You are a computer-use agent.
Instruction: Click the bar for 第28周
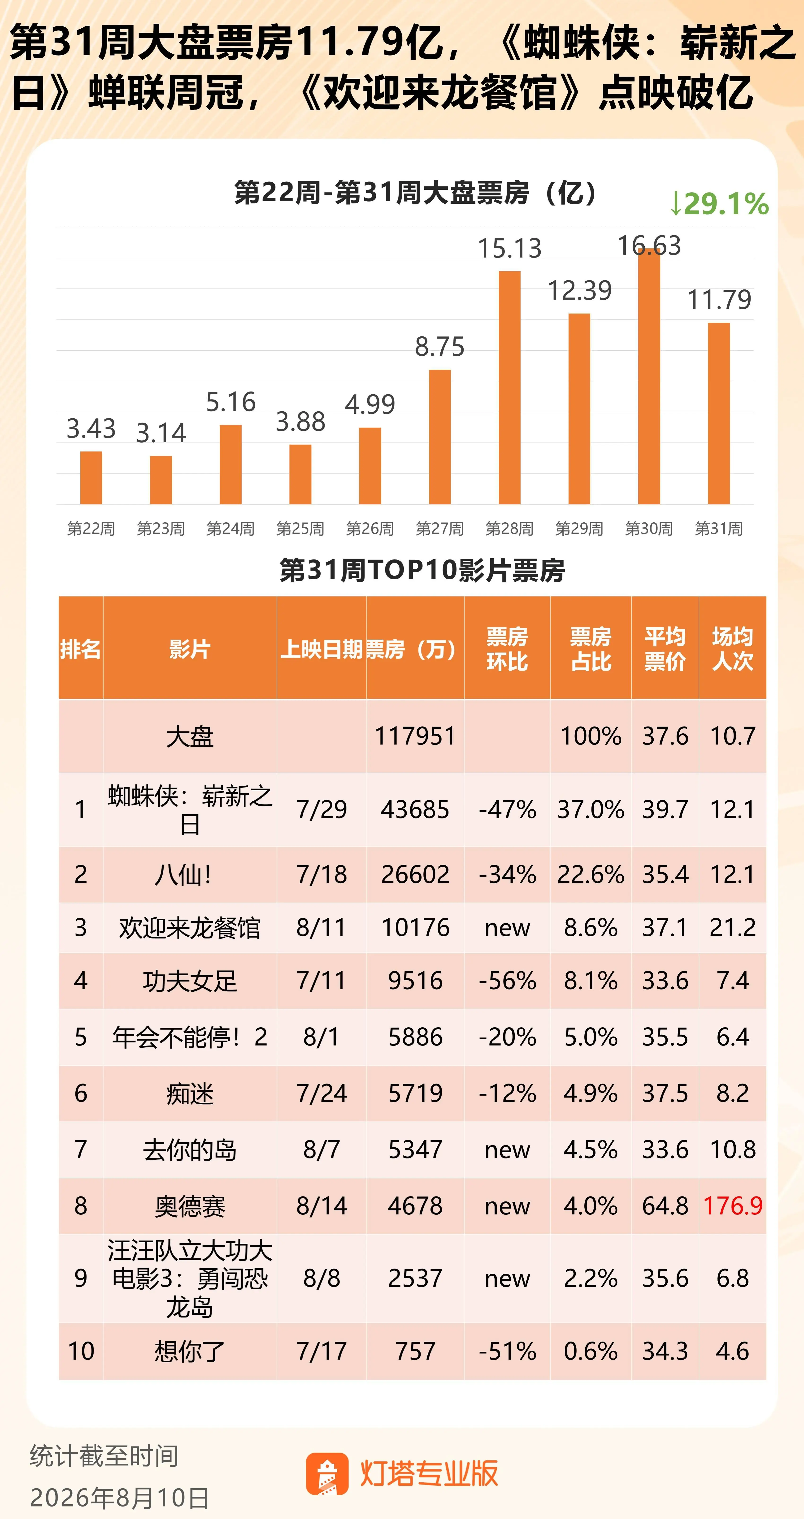(x=510, y=387)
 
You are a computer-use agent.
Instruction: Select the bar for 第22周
(x=91, y=478)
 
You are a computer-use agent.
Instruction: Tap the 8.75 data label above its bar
(x=439, y=347)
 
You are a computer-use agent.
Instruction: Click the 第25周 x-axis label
(x=300, y=528)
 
